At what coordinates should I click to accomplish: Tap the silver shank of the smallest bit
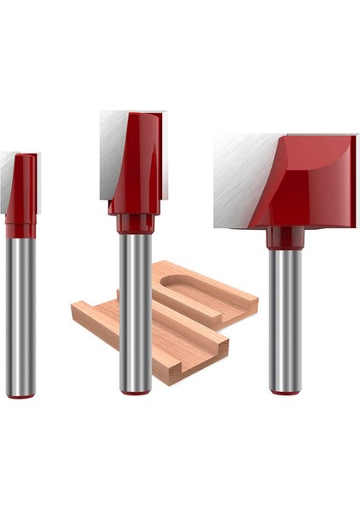(x=20, y=314)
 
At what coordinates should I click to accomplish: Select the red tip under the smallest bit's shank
(x=21, y=394)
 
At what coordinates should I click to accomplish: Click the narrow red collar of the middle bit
(x=135, y=224)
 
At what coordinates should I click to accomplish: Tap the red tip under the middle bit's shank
(x=135, y=391)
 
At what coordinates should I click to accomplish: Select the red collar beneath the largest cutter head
(x=284, y=238)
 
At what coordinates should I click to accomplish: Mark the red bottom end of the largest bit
(x=284, y=391)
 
